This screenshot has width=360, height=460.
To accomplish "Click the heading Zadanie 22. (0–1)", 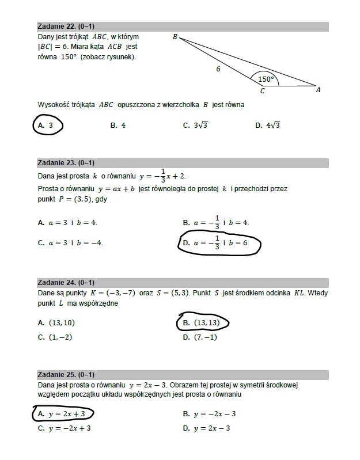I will click(66, 26).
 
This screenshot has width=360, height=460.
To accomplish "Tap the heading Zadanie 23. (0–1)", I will click(66, 162).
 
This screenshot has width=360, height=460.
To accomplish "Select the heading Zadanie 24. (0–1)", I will click(66, 283).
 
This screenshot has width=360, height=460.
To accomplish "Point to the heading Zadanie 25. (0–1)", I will click(66, 375).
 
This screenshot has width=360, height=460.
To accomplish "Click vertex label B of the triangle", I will click(175, 37).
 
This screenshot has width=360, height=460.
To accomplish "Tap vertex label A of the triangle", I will click(319, 90).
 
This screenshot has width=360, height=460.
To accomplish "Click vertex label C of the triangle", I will click(263, 91).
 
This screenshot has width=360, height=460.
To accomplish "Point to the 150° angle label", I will click(266, 79).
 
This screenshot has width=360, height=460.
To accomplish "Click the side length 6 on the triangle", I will click(218, 69).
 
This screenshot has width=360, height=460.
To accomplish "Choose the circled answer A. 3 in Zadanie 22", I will click(46, 125).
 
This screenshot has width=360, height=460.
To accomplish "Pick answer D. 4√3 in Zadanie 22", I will click(268, 125).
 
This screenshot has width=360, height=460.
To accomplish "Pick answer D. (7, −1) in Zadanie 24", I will click(200, 337).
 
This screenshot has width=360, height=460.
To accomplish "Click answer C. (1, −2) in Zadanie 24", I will click(55, 337).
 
